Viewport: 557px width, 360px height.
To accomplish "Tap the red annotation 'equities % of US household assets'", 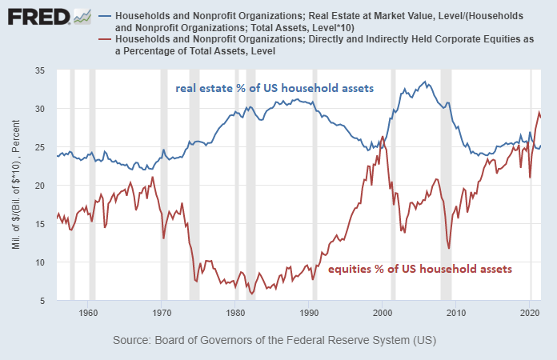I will [420, 270].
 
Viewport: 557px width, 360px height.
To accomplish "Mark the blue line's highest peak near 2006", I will [426, 82].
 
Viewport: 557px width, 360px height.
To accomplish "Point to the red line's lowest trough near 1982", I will [252, 294].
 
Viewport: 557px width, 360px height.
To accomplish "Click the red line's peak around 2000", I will [383, 137].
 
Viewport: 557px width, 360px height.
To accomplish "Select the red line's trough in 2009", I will [450, 248].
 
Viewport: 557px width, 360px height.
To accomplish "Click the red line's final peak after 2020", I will [539, 112].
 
